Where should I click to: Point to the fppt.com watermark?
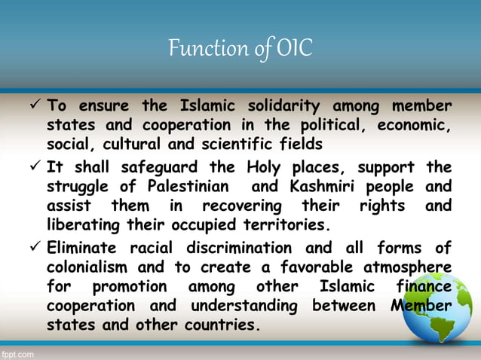(17, 352)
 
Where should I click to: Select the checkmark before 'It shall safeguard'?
(34, 166)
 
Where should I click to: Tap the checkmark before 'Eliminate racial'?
(34, 247)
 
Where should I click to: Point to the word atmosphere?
(400, 267)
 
